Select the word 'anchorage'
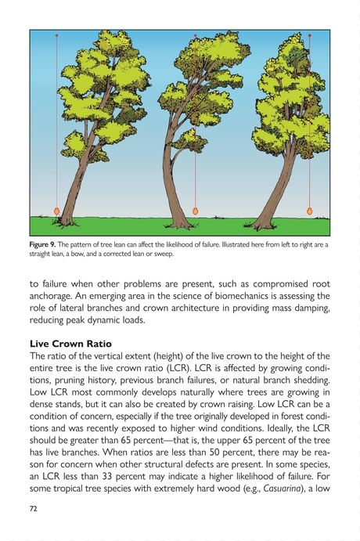57,296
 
